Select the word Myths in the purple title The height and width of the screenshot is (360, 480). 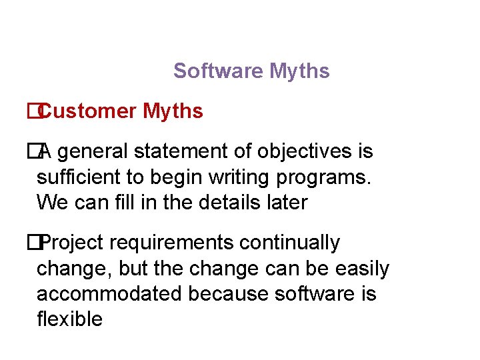pos(299,71)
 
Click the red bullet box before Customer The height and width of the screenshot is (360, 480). pos(31,111)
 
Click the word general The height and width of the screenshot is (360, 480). pos(95,152)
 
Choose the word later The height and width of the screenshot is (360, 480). pos(287,202)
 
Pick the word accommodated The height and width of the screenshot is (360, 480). pos(109,294)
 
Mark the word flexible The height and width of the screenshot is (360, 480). pos(69,319)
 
